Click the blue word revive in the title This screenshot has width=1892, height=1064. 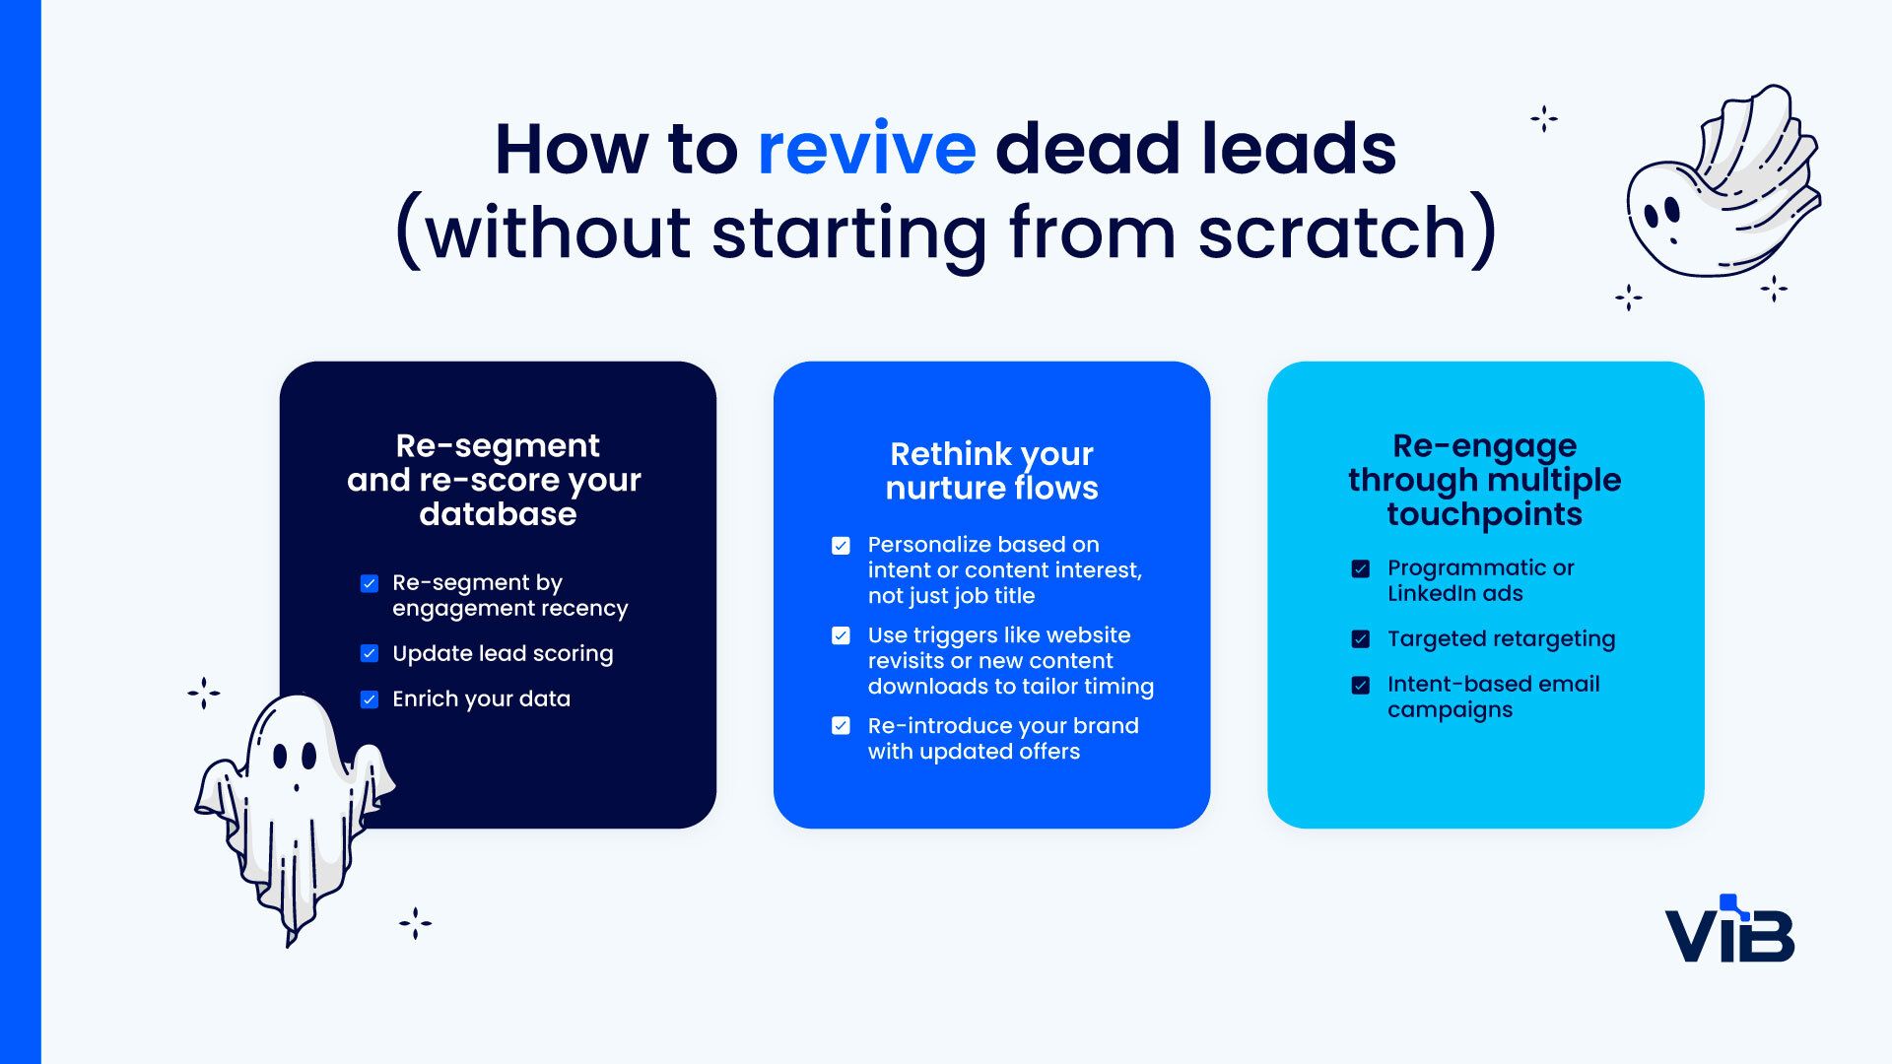[x=866, y=150]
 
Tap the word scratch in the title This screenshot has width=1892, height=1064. [x=1333, y=233]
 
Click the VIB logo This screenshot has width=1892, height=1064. [x=1729, y=931]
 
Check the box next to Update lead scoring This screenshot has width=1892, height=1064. [x=370, y=653]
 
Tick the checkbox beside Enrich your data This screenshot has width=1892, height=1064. [x=370, y=699]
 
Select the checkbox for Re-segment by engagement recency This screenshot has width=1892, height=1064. [x=370, y=583]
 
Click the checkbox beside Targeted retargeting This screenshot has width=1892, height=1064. [x=1361, y=639]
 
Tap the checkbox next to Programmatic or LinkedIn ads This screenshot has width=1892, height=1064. [x=1361, y=568]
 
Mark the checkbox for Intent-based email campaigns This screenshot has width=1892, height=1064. [x=1361, y=685]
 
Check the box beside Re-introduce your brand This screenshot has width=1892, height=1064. [x=841, y=726]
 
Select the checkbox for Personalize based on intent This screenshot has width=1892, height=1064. [x=841, y=546]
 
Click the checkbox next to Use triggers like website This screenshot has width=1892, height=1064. [x=841, y=635]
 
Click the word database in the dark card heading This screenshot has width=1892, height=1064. [x=498, y=514]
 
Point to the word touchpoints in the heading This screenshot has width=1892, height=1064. [x=1484, y=514]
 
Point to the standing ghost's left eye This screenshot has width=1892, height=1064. [x=281, y=757]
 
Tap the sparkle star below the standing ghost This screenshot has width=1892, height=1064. [x=415, y=923]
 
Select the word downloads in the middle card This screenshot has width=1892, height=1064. [x=927, y=687]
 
